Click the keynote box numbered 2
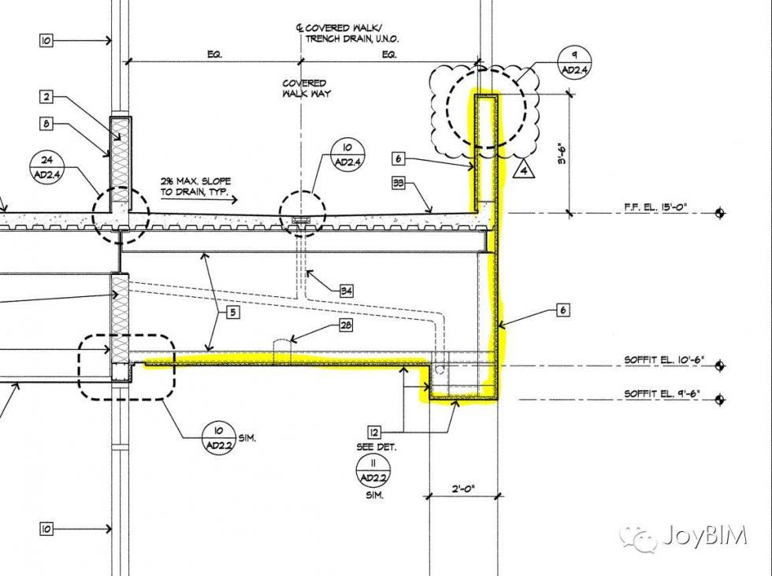pos(46,97)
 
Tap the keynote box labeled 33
pos(399,184)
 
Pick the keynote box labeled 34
pos(346,292)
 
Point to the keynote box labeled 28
pos(346,325)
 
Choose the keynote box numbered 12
pos(374,432)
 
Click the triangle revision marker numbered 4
pos(522,168)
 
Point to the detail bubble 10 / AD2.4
pos(347,155)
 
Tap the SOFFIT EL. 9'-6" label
pos(662,393)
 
